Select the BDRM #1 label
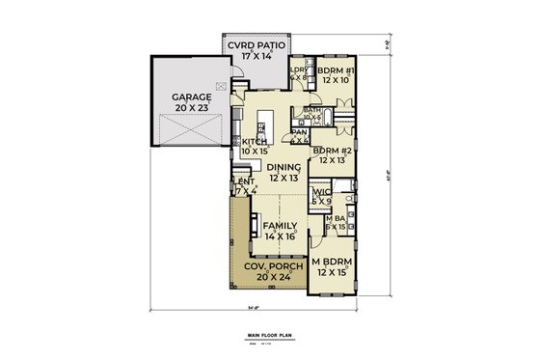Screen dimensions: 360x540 click(337, 72)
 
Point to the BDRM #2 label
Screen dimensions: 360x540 click(331, 152)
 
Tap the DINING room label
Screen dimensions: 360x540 click(283, 167)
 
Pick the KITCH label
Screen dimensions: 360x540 click(254, 142)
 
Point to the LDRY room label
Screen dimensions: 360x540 click(298, 71)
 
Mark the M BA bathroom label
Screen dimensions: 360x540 click(335, 218)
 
